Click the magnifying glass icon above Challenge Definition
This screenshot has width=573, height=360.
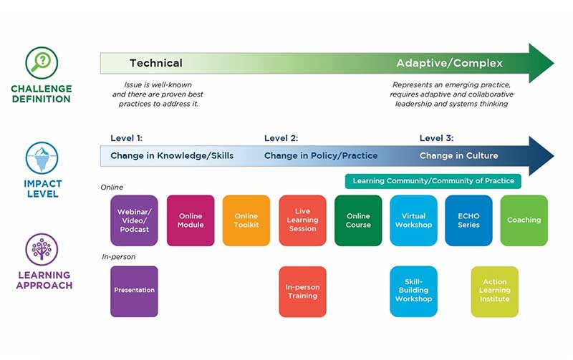point(42,62)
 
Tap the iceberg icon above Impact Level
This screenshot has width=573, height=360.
point(42,158)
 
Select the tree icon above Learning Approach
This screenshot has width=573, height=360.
point(42,249)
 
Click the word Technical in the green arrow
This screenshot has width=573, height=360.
point(156,63)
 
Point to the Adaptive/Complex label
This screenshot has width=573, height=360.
point(450,63)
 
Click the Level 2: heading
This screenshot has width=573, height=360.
point(281,138)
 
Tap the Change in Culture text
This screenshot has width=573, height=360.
point(458,155)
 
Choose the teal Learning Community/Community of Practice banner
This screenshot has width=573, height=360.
point(433,181)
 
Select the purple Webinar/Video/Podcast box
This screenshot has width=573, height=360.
point(134,220)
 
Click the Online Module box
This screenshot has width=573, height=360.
point(191,220)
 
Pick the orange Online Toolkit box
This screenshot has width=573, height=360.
point(246,220)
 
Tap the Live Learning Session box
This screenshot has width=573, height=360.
point(302,220)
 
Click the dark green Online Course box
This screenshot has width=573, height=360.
point(358,220)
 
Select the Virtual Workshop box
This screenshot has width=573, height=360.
point(414,220)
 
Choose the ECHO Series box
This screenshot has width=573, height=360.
point(468,220)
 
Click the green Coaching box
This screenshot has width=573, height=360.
point(524,220)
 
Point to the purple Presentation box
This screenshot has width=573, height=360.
point(134,291)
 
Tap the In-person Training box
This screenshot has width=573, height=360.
point(302,291)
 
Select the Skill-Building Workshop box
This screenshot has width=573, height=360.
point(414,291)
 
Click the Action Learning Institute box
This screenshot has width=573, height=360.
point(495,291)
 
